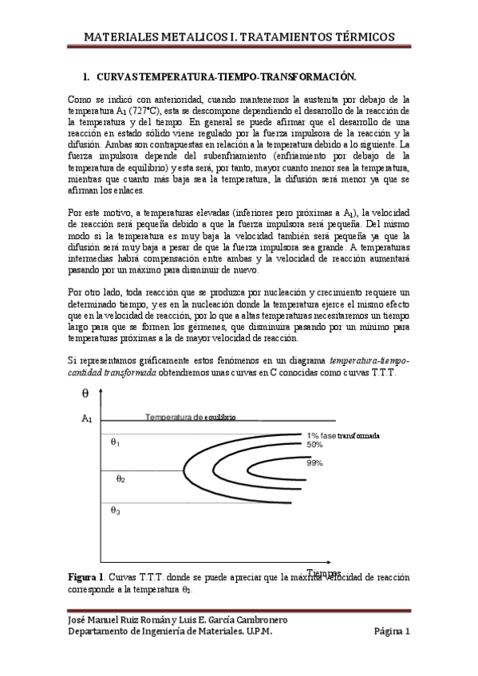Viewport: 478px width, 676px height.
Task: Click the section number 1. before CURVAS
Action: (x=87, y=77)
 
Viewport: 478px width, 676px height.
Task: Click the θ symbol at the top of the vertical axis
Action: (x=85, y=393)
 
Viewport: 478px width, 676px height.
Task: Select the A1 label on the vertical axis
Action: (x=87, y=419)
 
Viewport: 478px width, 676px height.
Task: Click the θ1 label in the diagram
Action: (x=115, y=442)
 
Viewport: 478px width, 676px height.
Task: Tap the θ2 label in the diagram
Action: (x=120, y=479)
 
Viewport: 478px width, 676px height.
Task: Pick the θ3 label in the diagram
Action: (x=116, y=511)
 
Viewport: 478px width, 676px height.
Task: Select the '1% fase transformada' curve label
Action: (x=342, y=435)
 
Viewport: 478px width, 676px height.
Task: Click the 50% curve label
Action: (x=314, y=445)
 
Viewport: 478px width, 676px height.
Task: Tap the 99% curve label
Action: (x=314, y=463)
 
